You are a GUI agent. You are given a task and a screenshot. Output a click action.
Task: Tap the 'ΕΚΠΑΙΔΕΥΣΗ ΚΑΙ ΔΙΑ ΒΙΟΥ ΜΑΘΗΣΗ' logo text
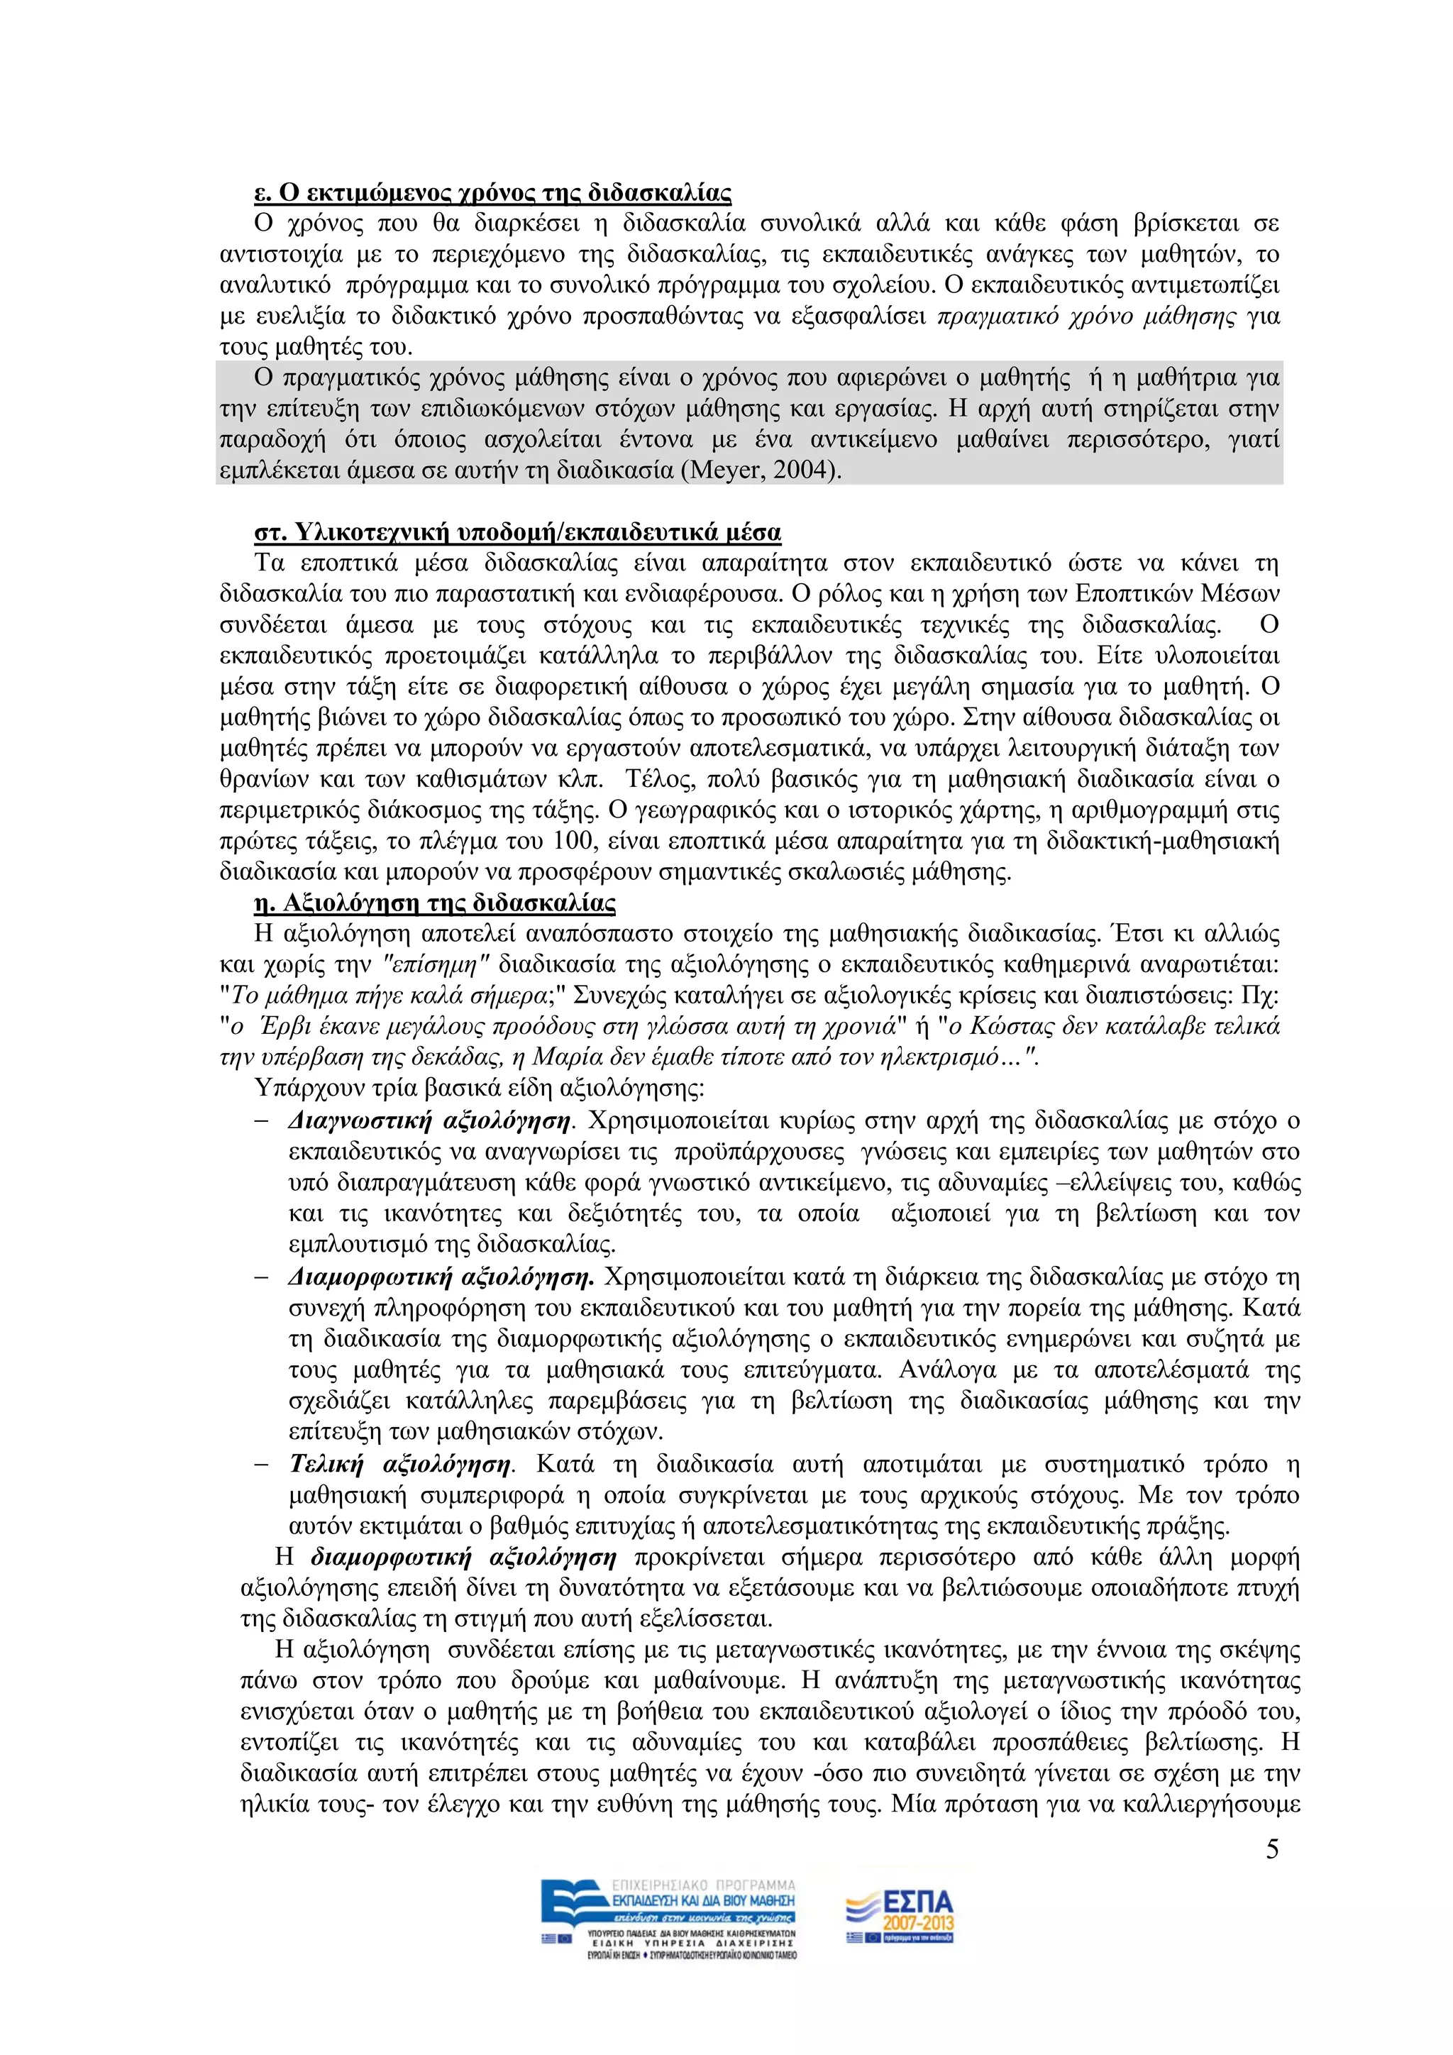click(x=703, y=1900)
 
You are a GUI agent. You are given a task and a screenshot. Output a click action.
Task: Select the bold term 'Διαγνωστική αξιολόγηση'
click(x=429, y=1120)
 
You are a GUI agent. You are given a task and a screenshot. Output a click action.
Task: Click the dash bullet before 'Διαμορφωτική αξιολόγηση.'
click(x=261, y=1277)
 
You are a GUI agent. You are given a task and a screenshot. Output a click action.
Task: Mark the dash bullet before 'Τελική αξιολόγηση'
click(x=261, y=1465)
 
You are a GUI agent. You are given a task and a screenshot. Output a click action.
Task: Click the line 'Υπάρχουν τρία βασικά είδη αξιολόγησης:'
click(x=479, y=1089)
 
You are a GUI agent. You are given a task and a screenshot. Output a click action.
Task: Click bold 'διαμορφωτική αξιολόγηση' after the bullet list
click(x=463, y=1558)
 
